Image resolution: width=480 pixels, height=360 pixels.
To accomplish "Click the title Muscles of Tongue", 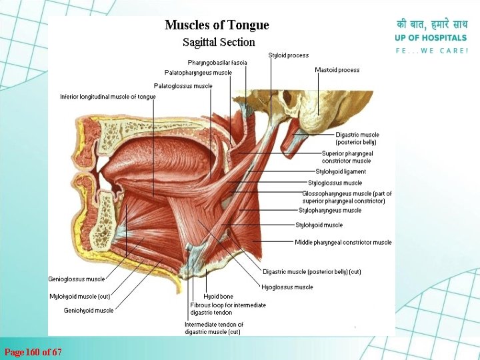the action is coord(217,25).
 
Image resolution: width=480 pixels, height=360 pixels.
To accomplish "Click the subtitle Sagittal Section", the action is coord(219,42).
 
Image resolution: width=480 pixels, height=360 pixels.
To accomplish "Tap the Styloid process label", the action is coord(288,55).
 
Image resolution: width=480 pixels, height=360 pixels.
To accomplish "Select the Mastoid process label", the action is coord(337,70).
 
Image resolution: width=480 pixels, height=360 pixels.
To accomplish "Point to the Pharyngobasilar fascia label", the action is coord(217,63).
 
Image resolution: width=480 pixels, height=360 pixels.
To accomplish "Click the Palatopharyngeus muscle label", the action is coord(198,73).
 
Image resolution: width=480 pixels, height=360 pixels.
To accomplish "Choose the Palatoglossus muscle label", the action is coord(183,86).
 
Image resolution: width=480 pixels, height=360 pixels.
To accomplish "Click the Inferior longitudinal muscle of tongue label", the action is coord(107,97).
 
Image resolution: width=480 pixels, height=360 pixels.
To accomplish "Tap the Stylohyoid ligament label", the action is coord(341,172).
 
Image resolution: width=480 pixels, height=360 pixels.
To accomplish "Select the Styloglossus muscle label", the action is coord(335,183).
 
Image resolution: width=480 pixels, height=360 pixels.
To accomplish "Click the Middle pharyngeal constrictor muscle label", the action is coord(343,243).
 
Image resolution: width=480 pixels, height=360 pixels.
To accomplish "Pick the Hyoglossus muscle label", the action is coord(287,287).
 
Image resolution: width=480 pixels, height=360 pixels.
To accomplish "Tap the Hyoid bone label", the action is coord(218,296).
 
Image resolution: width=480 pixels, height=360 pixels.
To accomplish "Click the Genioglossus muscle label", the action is coord(76,279).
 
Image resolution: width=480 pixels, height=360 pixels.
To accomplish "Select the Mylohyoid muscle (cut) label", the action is coord(79,296).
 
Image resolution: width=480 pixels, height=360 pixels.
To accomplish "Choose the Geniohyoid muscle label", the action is coord(89,310).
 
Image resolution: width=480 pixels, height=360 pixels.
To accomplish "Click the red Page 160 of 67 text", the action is coord(33,351).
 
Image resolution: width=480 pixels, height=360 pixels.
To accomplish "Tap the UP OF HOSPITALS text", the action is coord(431,38).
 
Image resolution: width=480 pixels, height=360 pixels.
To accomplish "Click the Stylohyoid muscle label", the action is coord(319,225).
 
